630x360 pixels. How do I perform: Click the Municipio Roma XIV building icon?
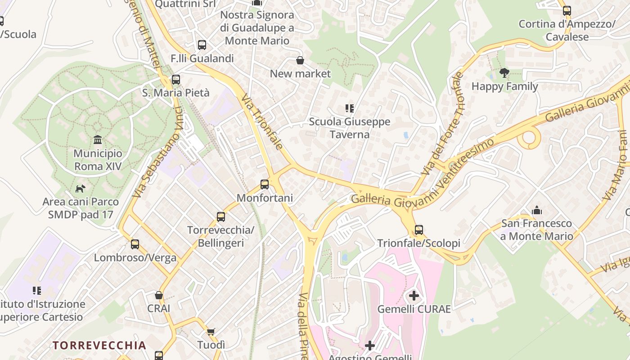pos(98,140)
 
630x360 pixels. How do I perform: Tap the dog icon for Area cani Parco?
pos(81,188)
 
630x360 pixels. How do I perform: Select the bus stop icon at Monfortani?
pos(265,184)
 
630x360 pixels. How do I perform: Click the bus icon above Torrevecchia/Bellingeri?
pos(220,217)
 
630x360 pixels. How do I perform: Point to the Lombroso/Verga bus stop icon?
pos(135,244)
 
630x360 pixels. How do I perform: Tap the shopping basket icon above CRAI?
pos(158,295)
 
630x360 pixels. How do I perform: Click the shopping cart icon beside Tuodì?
pos(211,332)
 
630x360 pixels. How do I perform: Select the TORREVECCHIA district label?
pos(99,346)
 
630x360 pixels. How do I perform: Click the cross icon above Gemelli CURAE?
pos(414,296)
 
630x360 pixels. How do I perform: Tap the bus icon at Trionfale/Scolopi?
pos(418,230)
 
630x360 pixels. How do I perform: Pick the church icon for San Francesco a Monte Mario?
pos(536,210)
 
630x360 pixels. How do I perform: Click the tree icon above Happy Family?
pos(504,73)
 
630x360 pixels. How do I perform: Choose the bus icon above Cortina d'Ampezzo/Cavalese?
pos(567,11)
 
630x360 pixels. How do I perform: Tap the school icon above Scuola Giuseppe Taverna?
pos(349,108)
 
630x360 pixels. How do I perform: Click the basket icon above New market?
pos(300,60)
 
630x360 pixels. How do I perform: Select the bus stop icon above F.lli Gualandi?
pos(202,45)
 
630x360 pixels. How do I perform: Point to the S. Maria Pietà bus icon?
pos(175,80)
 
